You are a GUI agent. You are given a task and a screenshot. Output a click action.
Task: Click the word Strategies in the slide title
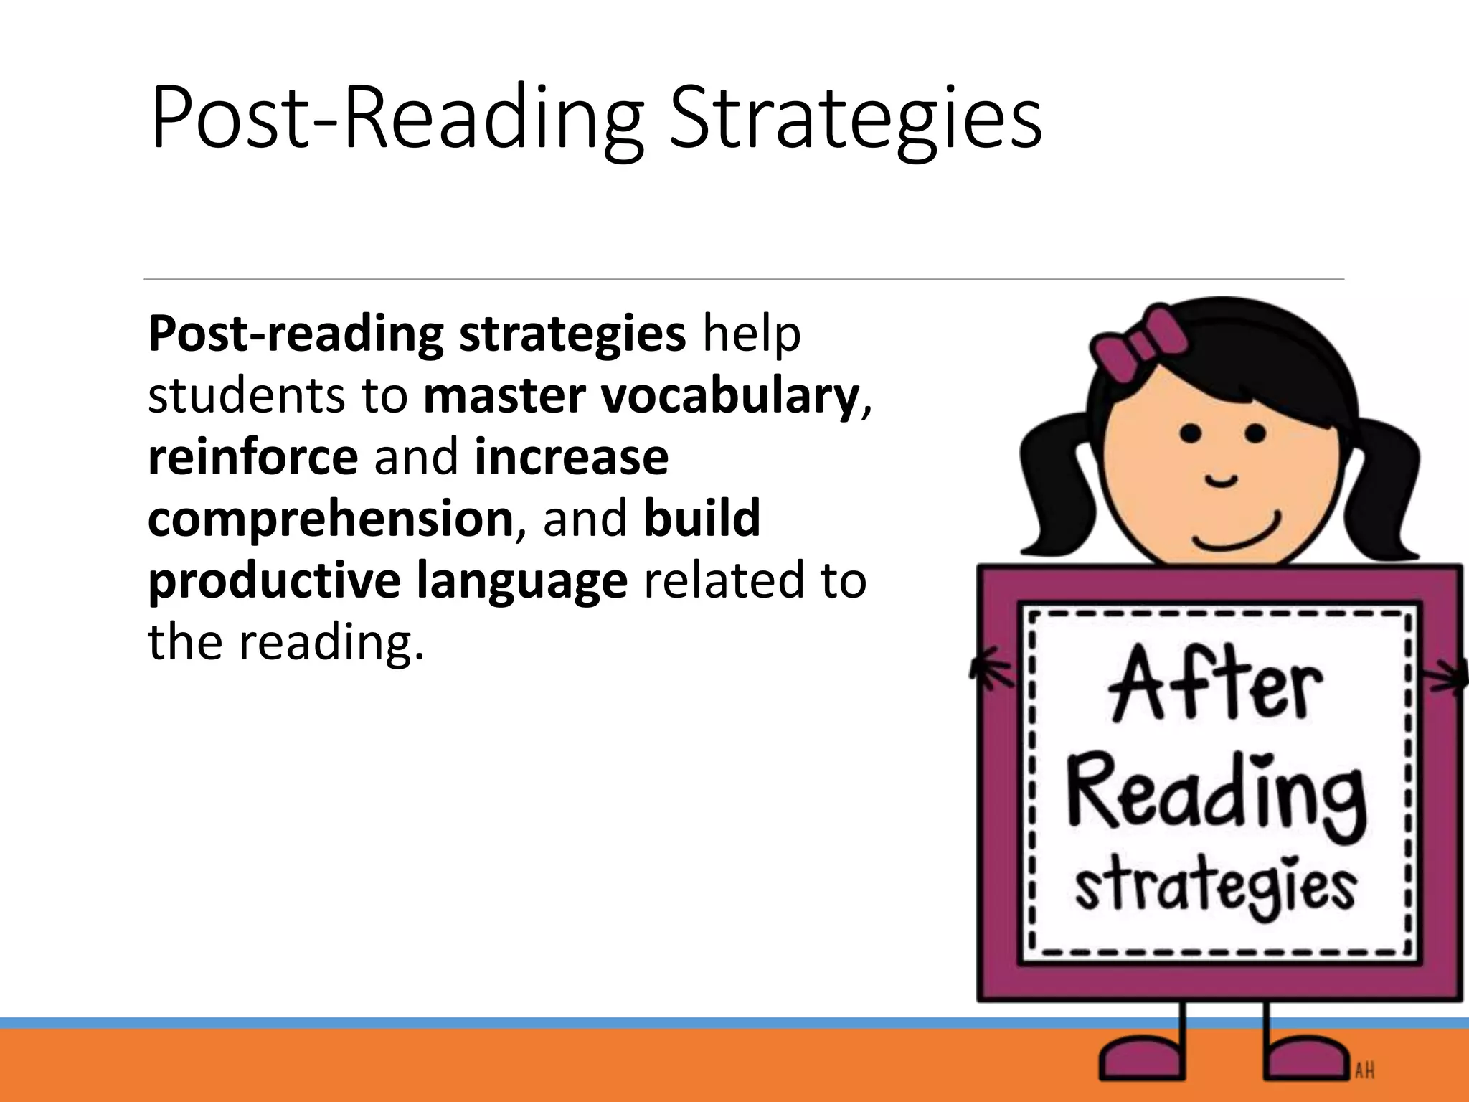pyautogui.click(x=855, y=118)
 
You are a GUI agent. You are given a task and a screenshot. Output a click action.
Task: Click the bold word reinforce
pyautogui.click(x=252, y=457)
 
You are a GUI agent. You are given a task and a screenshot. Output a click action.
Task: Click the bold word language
pyautogui.click(x=521, y=581)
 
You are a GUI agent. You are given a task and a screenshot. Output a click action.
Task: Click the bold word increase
pyautogui.click(x=571, y=457)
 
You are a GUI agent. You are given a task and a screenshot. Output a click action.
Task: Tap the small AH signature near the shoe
pyautogui.click(x=1364, y=1071)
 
